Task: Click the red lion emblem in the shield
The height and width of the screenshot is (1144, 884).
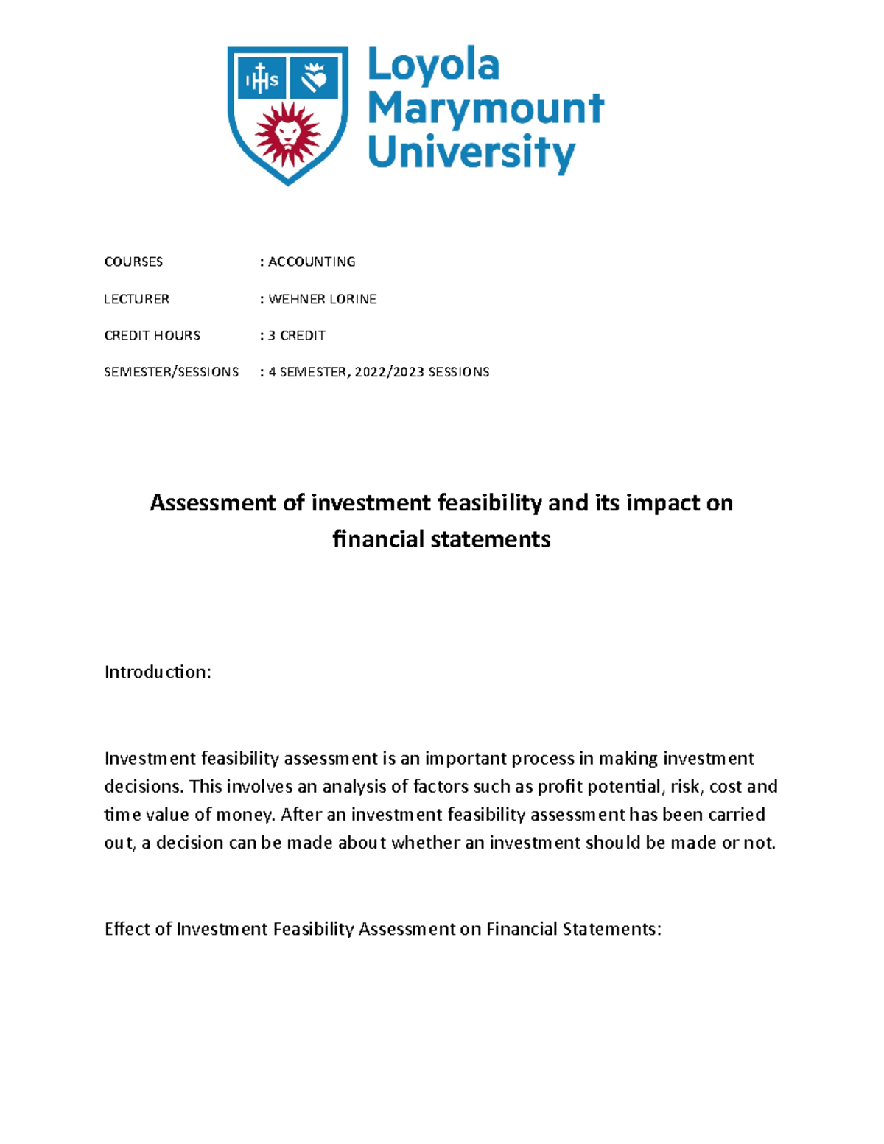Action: [x=287, y=135]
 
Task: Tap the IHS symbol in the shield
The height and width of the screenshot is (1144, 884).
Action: [x=260, y=79]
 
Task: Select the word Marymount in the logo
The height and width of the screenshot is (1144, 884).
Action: [x=485, y=108]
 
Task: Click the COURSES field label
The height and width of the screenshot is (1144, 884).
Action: [x=133, y=262]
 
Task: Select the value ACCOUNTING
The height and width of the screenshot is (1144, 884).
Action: [x=312, y=262]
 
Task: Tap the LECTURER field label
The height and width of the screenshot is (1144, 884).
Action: [x=136, y=299]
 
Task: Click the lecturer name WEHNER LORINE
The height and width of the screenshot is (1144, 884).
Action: [x=323, y=299]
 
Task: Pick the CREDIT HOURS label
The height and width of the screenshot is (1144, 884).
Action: [x=152, y=336]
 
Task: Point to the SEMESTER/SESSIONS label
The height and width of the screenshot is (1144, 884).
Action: [x=171, y=372]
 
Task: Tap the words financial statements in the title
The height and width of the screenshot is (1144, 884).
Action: [x=441, y=539]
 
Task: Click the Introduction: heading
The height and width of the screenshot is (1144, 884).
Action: [x=158, y=672]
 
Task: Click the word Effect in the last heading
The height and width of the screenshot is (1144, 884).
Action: [x=127, y=929]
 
